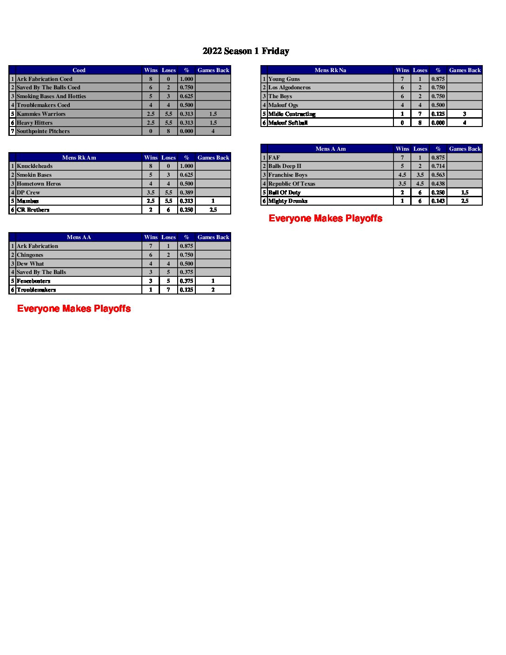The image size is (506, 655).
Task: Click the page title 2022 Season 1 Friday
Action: [246, 51]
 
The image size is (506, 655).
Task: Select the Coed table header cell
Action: [79, 70]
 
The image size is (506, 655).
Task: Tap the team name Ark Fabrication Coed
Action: [45, 79]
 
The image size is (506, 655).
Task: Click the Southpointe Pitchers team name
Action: [43, 131]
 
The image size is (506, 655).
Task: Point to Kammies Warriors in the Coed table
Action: [41, 114]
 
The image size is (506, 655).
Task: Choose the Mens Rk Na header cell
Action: [330, 70]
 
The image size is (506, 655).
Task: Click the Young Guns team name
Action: [284, 79]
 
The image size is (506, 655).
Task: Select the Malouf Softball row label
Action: [288, 123]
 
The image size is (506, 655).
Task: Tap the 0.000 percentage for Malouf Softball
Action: [438, 123]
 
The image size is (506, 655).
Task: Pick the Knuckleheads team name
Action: [35, 166]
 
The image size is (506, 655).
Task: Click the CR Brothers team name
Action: [33, 210]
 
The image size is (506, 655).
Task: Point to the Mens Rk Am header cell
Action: [79, 158]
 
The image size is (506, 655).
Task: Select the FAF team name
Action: [274, 158]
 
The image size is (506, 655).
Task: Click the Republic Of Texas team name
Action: [292, 184]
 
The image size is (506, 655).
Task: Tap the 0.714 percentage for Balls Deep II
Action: [438, 166]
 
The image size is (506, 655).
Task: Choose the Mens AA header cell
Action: [79, 237]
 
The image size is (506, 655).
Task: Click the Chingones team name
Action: [30, 255]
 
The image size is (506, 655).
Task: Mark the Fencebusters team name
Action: [33, 281]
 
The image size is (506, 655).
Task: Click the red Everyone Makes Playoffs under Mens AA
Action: [74, 308]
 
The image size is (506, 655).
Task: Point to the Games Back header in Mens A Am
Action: [465, 149]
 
